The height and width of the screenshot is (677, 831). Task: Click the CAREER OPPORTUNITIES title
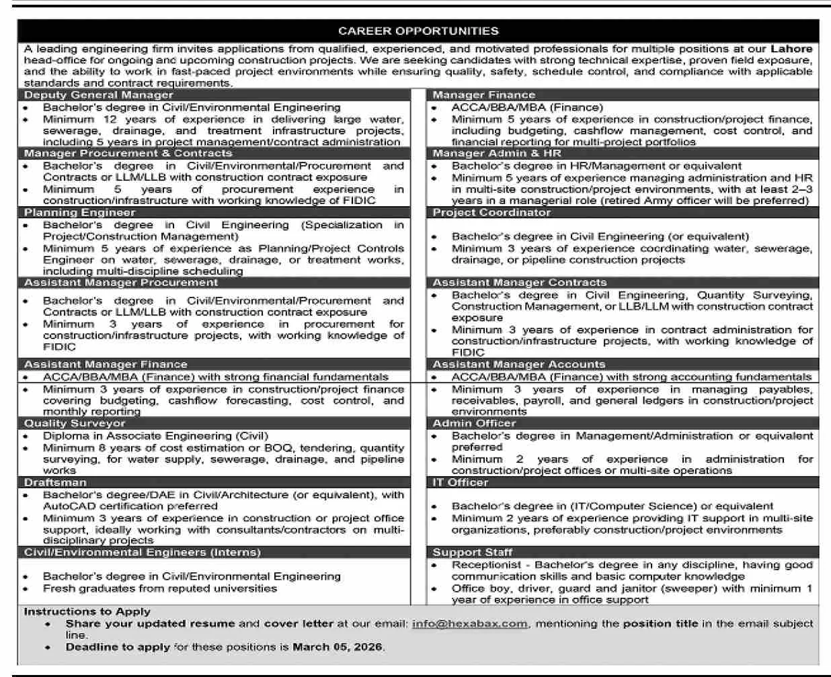[418, 31]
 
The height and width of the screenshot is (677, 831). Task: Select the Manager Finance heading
[484, 95]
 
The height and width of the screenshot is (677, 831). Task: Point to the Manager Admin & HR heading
[497, 154]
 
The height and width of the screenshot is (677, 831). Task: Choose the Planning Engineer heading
[79, 213]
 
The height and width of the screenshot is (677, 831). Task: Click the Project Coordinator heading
[491, 213]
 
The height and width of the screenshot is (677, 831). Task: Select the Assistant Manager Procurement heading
[121, 283]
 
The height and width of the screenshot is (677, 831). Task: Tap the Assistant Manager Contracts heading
[520, 283]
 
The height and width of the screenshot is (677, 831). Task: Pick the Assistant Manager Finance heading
[106, 365]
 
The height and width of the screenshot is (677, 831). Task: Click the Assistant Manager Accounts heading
[519, 365]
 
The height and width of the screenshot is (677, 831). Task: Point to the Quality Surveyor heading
[75, 424]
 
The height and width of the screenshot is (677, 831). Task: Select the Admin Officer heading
[474, 424]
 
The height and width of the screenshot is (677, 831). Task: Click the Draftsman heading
[53, 483]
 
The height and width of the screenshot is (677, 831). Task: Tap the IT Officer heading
[461, 483]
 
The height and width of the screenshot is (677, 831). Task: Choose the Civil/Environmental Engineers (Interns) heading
[142, 553]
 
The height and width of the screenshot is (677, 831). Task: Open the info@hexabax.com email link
[470, 624]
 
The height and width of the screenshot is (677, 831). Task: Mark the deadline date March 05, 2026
[338, 647]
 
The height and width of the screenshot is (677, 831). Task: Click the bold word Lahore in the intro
[791, 49]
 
